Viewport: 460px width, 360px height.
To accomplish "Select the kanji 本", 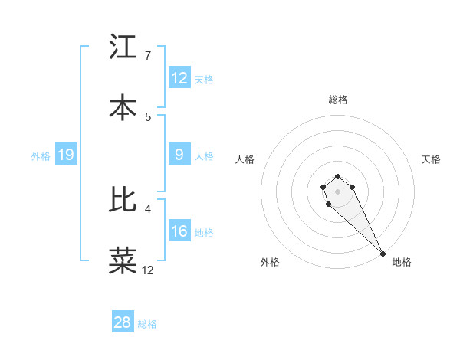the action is pos(123,107).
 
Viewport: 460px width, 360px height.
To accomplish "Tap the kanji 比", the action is pos(123,200).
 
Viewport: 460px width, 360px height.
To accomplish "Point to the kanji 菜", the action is pos(123,260).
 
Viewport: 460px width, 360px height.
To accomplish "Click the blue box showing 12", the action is pos(179,77).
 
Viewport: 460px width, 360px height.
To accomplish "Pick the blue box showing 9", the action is pos(179,155).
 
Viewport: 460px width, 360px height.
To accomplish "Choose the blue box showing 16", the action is pos(179,231).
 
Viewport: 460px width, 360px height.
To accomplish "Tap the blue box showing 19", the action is pos(66,155).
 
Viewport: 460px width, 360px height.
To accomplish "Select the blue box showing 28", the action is pos(123,322).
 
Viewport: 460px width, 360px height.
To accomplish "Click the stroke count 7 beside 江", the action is pos(148,56).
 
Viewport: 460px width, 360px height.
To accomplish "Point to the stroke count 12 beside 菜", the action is pos(148,270).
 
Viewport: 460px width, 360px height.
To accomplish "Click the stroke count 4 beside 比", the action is pos(148,208).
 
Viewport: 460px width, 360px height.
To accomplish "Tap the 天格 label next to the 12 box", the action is pos(204,79).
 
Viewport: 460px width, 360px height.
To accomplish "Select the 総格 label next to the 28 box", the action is pos(147,324).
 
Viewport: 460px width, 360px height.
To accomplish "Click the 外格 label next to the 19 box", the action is pos(41,156).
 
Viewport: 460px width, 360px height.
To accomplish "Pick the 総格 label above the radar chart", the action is pos(338,100).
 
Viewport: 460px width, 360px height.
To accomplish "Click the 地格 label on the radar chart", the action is pos(402,262).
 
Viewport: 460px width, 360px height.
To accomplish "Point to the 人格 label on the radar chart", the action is pos(245,159).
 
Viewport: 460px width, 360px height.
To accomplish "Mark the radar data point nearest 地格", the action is pos(383,254).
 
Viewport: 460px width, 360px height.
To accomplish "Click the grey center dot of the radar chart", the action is pos(337,191).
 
